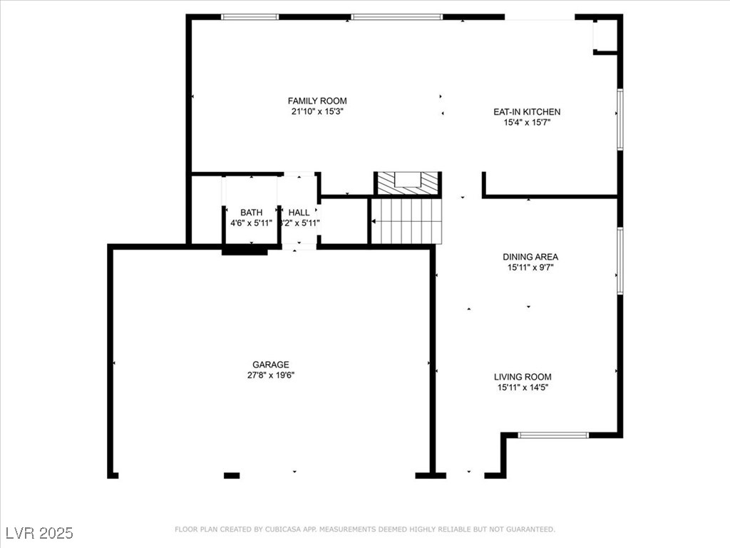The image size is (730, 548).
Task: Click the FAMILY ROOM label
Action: (317, 101)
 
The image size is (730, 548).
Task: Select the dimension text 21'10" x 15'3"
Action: (317, 111)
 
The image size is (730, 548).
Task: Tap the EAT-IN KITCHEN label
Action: (527, 111)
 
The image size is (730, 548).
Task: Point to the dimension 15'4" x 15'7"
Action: (527, 122)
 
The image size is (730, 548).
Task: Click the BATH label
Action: (251, 212)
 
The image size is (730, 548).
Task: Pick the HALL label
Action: (299, 212)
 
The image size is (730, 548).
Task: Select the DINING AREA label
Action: (530, 257)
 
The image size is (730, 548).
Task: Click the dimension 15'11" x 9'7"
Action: (530, 268)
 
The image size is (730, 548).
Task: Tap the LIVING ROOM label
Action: (523, 377)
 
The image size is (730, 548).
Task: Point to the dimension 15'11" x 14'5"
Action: (523, 387)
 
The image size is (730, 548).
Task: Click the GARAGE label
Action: (270, 365)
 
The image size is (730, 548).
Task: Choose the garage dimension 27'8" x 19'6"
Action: (270, 375)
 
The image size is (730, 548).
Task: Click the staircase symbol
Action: (407, 220)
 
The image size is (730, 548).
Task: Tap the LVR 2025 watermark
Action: (39, 533)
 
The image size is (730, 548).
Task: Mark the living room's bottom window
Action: (552, 435)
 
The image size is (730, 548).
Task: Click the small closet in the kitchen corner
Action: (605, 34)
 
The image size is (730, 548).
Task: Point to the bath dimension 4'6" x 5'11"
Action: (251, 223)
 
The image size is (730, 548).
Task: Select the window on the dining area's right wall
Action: (620, 260)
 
